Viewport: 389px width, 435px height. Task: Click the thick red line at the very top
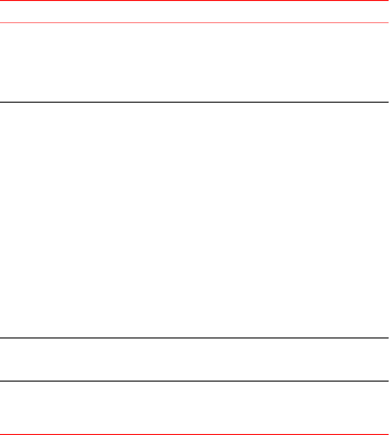point(194,0)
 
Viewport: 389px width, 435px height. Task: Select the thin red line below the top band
point(194,22)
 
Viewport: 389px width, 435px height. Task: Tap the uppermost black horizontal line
point(194,102)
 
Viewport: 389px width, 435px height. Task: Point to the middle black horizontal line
point(194,338)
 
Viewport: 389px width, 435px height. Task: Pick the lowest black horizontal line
point(194,381)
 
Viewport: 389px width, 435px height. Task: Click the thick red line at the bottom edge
point(194,434)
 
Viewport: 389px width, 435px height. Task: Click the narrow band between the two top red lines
point(194,12)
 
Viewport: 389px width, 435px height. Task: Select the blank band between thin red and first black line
point(194,62)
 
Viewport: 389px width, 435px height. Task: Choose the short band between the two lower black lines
point(194,360)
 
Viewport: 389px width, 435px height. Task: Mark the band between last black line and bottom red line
point(194,407)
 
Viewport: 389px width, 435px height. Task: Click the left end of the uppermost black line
point(1,102)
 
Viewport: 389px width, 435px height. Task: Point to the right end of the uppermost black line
point(387,102)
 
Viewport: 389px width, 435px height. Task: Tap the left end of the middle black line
point(1,338)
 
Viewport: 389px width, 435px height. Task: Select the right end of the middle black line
point(387,338)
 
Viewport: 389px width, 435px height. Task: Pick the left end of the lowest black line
point(1,381)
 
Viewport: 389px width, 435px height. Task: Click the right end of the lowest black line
point(387,381)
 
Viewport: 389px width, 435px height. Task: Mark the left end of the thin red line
point(1,22)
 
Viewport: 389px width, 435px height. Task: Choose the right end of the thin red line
point(387,22)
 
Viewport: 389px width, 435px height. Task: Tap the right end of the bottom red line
point(387,434)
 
